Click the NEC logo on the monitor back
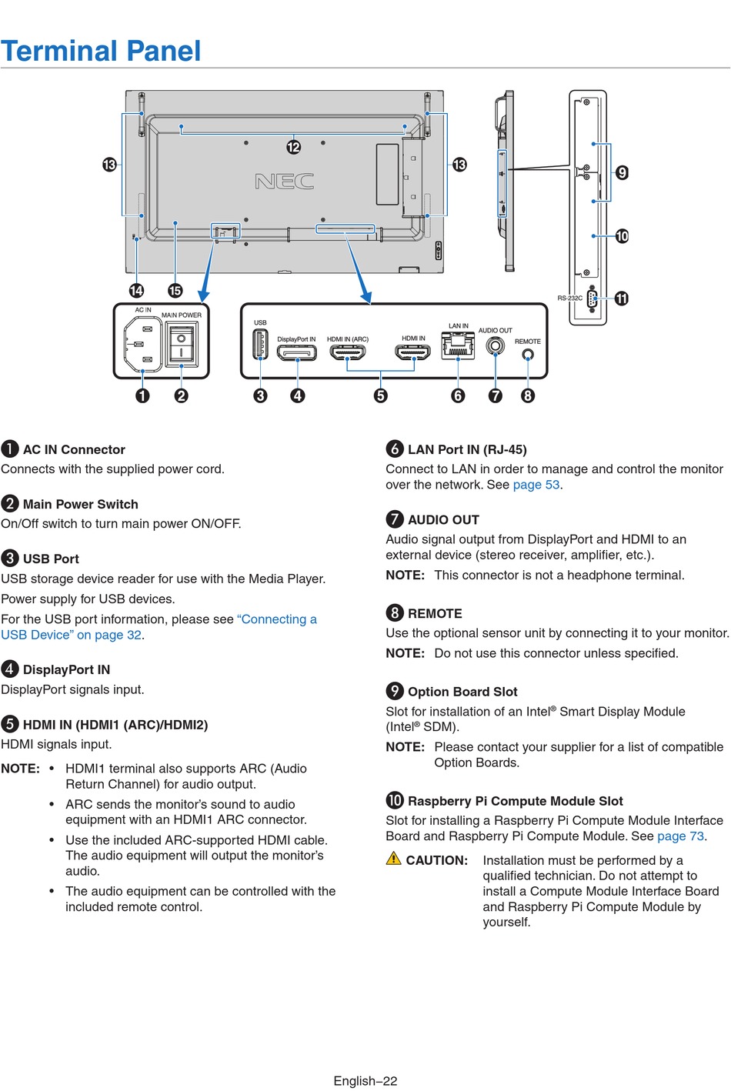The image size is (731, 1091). tap(284, 182)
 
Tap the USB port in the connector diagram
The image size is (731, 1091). tap(260, 344)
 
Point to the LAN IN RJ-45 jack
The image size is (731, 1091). tap(458, 347)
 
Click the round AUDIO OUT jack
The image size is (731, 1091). tap(496, 346)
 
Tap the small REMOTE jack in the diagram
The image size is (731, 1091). tap(528, 355)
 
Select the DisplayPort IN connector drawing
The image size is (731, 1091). tap(296, 353)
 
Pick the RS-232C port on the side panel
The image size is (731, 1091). tap(592, 299)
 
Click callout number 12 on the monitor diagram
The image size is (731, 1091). tap(294, 147)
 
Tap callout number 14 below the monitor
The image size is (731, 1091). tap(136, 290)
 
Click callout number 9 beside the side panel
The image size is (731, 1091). tap(622, 172)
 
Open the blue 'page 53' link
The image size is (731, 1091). tap(536, 485)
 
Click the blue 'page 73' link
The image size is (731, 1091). tap(680, 836)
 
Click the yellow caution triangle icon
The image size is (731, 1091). tap(394, 859)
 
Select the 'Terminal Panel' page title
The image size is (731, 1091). tap(101, 51)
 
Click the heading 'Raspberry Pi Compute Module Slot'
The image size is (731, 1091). tap(515, 801)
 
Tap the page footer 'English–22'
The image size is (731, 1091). tap(365, 1081)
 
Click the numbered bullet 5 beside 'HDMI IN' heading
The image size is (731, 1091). tap(10, 724)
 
